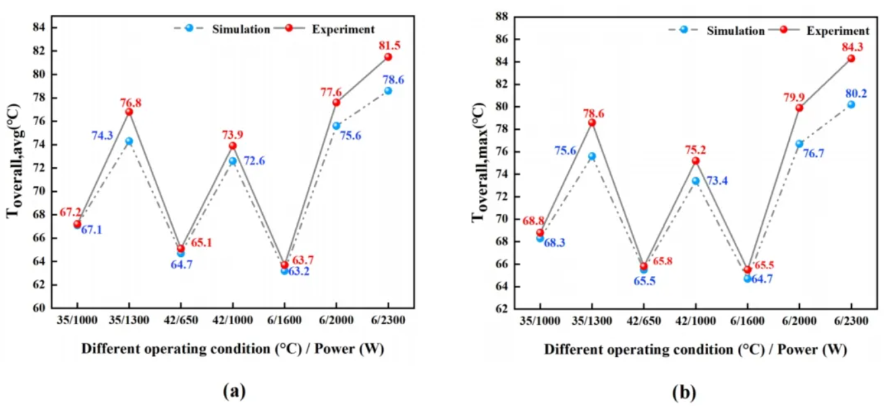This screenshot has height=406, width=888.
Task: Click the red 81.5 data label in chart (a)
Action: click(390, 45)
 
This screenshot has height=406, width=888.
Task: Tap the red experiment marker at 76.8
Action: click(129, 112)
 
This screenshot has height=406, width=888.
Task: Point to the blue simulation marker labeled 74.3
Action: click(129, 141)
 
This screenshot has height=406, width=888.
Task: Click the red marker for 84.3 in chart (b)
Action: click(851, 58)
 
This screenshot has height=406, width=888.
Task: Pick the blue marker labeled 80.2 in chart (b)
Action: click(851, 104)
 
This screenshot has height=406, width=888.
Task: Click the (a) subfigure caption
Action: click(235, 391)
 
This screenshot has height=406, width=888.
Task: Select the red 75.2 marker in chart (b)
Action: click(696, 161)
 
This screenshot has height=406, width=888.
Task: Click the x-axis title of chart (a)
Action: click(233, 348)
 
